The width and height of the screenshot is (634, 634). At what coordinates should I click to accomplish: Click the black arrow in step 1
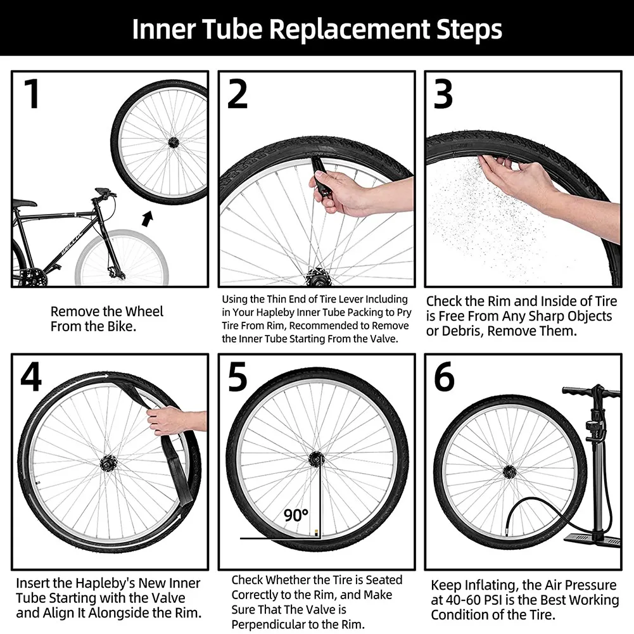[147, 219]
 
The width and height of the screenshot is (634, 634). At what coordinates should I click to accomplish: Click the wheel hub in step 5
[316, 458]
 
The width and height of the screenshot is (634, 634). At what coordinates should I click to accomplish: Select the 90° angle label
[295, 516]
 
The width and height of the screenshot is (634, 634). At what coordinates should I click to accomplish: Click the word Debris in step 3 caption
[456, 332]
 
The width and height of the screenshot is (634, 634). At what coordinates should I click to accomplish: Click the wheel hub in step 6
[509, 471]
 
